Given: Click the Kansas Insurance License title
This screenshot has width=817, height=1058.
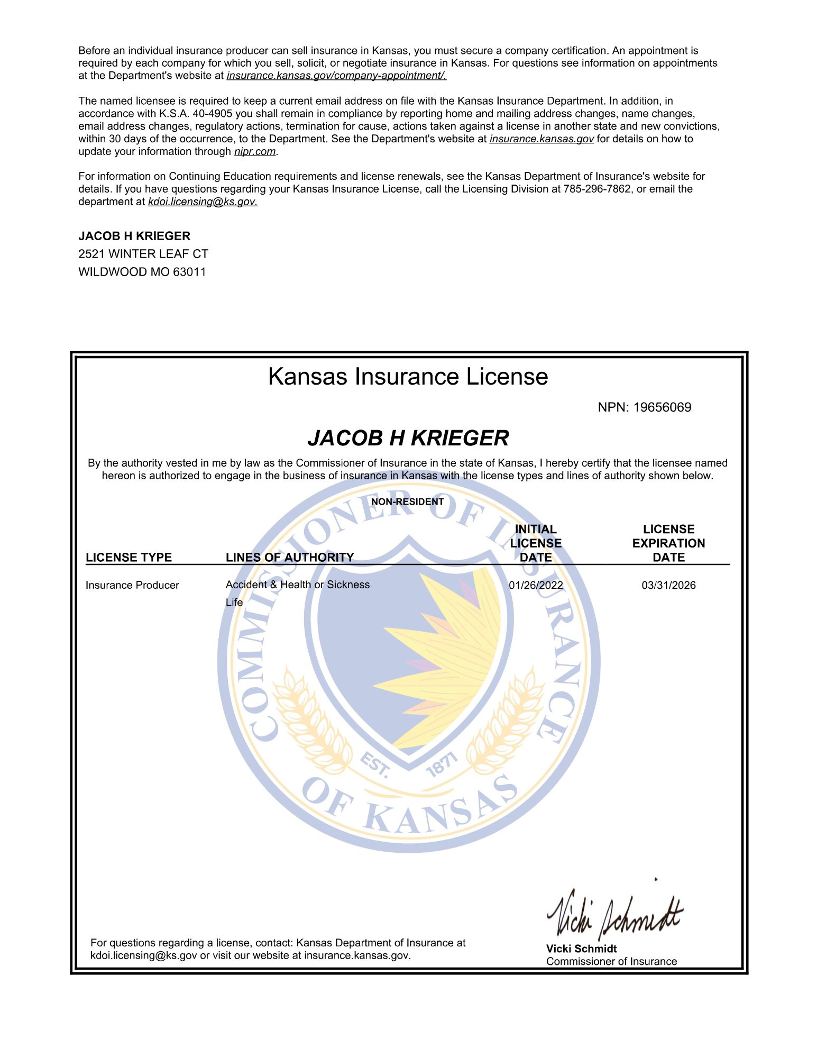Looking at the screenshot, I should coord(408,377).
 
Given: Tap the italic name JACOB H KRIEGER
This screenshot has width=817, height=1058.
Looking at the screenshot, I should coord(408,438).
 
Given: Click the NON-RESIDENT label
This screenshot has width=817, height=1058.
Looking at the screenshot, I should coord(407,501).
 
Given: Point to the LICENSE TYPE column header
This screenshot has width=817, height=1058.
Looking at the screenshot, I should coord(128,557).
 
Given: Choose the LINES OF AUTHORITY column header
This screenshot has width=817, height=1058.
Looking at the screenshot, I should coord(289,557).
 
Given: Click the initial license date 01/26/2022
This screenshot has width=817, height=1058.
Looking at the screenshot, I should coord(536,585).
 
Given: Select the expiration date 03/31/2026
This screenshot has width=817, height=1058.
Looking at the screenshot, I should coord(668,585).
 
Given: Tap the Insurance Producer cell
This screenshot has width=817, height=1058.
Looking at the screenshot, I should coord(132,585).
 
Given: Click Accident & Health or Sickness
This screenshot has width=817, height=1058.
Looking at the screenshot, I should coord(297,585).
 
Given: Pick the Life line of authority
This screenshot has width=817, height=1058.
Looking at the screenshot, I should coord(234,602).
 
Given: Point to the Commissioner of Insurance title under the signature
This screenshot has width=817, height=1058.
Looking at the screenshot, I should coord(611,961).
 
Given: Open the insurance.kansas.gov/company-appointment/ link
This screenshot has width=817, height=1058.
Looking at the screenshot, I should coord(336,76).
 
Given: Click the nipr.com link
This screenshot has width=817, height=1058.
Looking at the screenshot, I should coord(255,152).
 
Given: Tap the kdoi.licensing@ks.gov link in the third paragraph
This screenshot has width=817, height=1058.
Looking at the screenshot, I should coord(203,202).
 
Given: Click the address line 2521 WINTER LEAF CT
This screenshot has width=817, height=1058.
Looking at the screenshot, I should coord(143,254).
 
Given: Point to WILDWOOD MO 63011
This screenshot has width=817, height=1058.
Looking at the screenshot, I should coord(142,272).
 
